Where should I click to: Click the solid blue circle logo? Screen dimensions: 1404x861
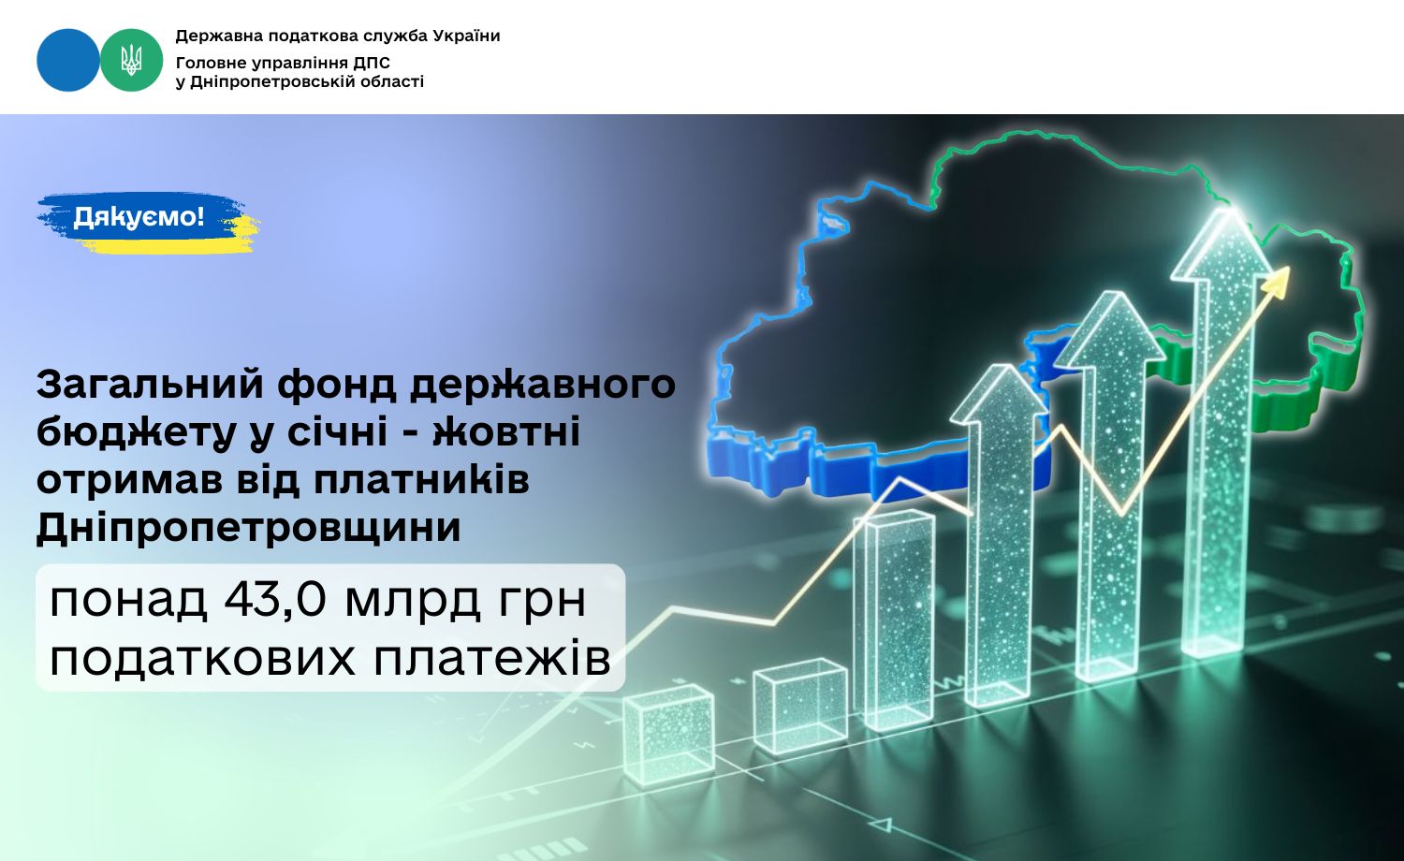pos(67,60)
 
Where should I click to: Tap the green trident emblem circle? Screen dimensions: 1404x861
pos(132,60)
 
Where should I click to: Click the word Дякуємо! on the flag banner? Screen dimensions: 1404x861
pos(139,217)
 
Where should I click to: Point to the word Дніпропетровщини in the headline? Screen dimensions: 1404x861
pos(249,527)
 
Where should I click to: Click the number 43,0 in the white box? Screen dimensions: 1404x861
pos(275,600)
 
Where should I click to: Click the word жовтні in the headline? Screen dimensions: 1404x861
pos(506,431)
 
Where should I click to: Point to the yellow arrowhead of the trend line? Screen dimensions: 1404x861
pos(1276,280)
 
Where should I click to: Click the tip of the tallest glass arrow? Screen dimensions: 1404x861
pos(1231,209)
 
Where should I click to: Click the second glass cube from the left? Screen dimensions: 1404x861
pos(800,705)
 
